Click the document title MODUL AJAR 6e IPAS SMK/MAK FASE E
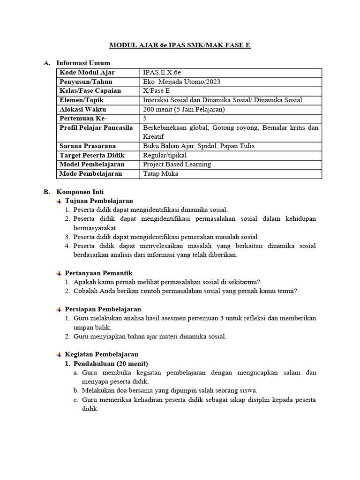(180, 45)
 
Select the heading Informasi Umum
(83, 63)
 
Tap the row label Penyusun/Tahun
(86, 82)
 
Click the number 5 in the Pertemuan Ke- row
(145, 118)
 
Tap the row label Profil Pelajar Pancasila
(96, 127)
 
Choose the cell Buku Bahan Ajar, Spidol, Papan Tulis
(192, 146)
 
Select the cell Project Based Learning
(177, 164)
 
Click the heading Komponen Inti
(80, 192)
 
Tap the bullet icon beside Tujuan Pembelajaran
(59, 201)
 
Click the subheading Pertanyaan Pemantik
(98, 273)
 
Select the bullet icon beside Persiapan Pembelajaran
(59, 309)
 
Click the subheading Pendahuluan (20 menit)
(111, 363)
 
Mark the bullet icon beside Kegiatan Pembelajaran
(59, 354)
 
